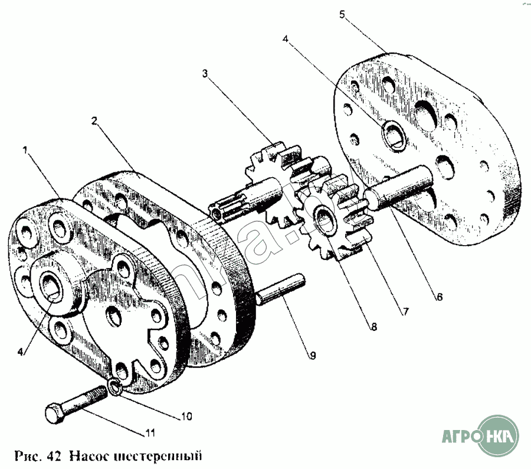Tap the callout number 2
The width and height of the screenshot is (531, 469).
94,120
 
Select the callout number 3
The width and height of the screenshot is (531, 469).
205,74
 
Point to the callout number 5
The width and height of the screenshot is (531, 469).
342,14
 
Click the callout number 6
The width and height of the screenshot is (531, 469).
439,298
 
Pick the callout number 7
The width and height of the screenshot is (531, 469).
406,310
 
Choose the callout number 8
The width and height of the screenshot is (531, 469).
373,325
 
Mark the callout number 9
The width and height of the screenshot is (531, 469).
312,356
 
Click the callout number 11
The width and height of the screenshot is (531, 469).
150,434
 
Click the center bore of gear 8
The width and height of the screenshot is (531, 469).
324,218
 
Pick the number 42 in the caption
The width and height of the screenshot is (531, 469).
54,456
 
